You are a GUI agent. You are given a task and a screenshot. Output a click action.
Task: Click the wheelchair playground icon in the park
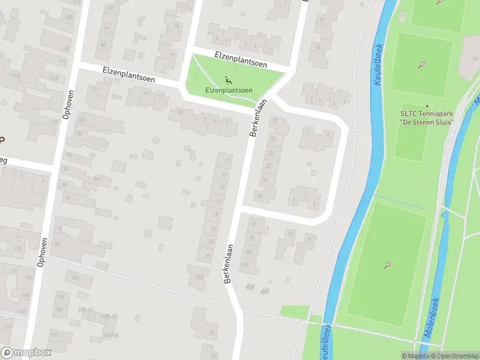(x=228, y=80)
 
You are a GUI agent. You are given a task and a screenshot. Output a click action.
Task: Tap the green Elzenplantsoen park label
(x=229, y=91)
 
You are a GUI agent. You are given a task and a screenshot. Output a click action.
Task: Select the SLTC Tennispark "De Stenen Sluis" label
(x=427, y=118)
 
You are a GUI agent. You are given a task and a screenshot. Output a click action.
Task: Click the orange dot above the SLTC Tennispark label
(x=427, y=105)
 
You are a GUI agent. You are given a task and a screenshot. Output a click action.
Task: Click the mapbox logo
(x=26, y=352)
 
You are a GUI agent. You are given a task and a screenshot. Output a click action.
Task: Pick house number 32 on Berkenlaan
(x=260, y=196)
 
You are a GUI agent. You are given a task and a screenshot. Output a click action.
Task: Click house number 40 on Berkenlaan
(x=244, y=263)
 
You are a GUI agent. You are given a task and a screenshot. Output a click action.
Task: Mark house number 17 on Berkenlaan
(x=219, y=202)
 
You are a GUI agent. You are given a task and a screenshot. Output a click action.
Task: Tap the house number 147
(x=23, y=310)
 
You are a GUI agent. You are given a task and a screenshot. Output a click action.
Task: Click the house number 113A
(x=13, y=76)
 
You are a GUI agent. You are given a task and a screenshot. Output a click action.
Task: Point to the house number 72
(x=94, y=89)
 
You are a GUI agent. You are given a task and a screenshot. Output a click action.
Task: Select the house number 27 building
(x=212, y=332)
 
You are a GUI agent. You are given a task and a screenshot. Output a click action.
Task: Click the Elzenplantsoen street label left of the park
(x=128, y=74)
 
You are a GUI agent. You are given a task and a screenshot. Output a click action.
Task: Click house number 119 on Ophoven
(x=54, y=122)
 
